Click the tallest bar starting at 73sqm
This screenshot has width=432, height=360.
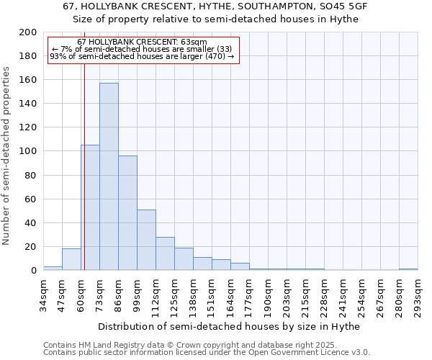click(x=109, y=176)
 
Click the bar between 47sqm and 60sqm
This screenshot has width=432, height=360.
click(x=71, y=259)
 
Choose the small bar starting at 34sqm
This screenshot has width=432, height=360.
click(x=53, y=268)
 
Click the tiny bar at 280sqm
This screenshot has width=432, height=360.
click(x=408, y=269)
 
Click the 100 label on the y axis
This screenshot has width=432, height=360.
click(x=28, y=151)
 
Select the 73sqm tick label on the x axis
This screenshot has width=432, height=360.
click(x=100, y=294)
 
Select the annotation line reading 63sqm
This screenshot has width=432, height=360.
click(x=142, y=42)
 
